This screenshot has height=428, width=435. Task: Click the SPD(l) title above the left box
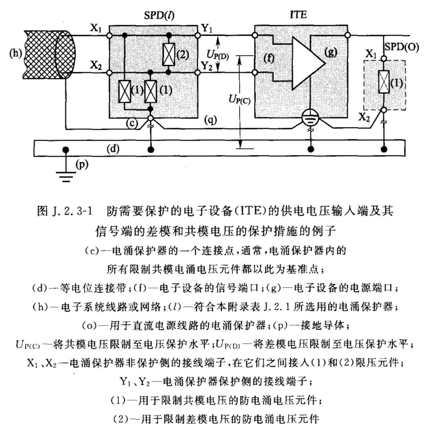(x=159, y=15)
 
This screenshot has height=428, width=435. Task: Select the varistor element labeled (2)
(x=169, y=54)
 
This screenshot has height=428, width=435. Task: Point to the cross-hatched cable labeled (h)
(x=50, y=55)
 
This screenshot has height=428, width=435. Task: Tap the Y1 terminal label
(x=207, y=29)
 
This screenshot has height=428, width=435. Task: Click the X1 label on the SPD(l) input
(x=96, y=28)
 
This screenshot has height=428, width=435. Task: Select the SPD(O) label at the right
(x=402, y=47)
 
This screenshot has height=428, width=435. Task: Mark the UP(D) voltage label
(x=218, y=54)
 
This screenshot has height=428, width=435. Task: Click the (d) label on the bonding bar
(x=113, y=149)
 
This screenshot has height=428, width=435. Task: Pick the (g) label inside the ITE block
(x=331, y=52)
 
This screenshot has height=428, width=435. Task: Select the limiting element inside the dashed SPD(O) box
(x=384, y=82)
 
